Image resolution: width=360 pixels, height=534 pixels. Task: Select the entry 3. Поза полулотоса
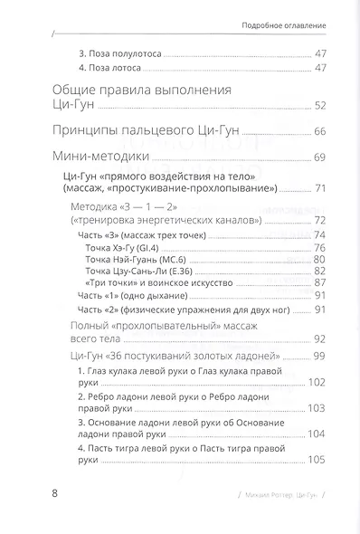[119, 54]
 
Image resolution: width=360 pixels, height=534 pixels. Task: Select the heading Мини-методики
[99, 157]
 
